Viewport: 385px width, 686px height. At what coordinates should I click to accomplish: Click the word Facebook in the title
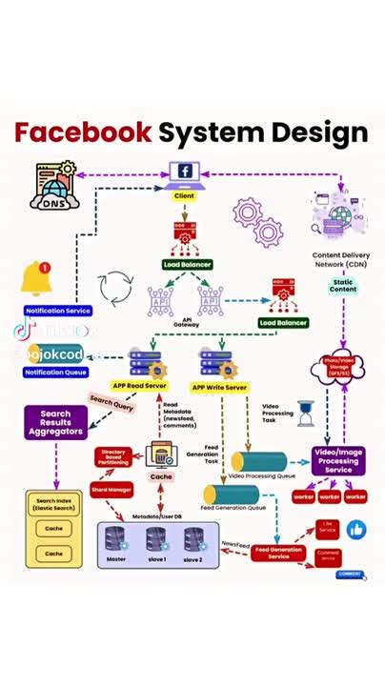83,131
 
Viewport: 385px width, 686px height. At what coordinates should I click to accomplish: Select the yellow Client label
184,195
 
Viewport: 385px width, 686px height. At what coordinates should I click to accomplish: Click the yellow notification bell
35,278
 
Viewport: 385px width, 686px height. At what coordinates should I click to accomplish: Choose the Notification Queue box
56,372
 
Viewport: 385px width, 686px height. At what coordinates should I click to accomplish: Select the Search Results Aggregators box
55,420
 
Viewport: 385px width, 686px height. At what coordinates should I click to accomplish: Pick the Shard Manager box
111,489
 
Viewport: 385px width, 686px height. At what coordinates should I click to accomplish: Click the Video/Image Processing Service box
338,461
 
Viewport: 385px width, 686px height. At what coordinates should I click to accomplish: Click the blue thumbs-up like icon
356,530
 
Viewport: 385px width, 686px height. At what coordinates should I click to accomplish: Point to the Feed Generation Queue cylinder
231,494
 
